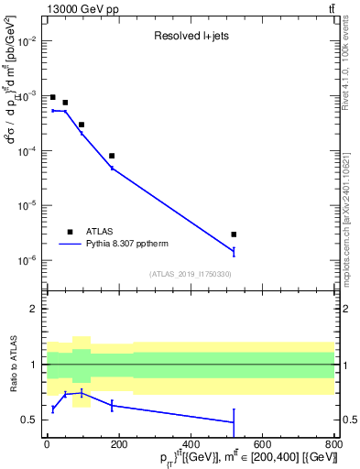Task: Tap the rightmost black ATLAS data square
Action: pyautogui.click(x=234, y=234)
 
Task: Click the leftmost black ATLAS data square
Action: pyautogui.click(x=53, y=97)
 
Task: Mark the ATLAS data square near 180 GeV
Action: pyautogui.click(x=112, y=156)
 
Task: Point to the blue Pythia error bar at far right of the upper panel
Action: pyautogui.click(x=234, y=251)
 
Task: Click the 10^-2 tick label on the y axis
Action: pyautogui.click(x=27, y=41)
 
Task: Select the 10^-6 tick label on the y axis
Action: pyautogui.click(x=27, y=261)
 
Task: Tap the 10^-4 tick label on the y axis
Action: pyautogui.click(x=27, y=151)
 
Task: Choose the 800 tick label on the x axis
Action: pyautogui.click(x=332, y=445)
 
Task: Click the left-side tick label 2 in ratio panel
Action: pyautogui.click(x=34, y=309)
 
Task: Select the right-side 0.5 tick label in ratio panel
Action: pyautogui.click(x=347, y=420)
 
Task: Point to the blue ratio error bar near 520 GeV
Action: pyautogui.click(x=234, y=422)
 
